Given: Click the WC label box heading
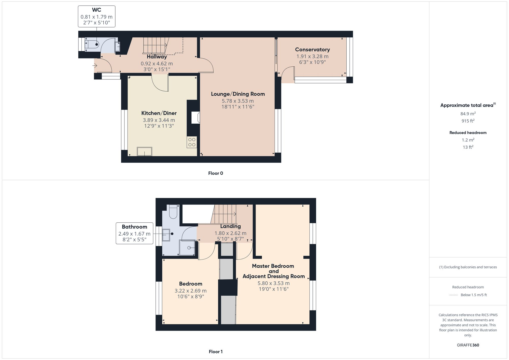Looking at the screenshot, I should click(x=96, y=10).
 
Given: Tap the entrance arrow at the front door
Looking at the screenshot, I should click(x=95, y=66).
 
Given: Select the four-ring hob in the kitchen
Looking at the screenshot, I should click(x=192, y=142).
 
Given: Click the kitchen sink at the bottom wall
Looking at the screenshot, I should click(x=145, y=151).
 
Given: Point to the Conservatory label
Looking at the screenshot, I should click(x=312, y=50).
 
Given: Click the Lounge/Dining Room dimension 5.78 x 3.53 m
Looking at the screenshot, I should click(x=237, y=101).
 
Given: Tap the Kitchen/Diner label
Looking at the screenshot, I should click(x=159, y=113).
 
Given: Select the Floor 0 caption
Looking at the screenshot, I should click(x=216, y=173).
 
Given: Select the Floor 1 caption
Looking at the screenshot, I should click(x=216, y=352).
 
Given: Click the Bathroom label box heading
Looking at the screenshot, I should click(x=134, y=227).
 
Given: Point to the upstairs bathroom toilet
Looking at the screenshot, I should click(x=173, y=212).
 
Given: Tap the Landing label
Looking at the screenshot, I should click(x=230, y=226).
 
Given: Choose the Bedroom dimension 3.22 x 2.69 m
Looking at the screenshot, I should click(x=190, y=291).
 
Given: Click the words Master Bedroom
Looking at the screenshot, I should click(x=273, y=266).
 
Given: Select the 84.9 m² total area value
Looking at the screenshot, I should click(x=468, y=114).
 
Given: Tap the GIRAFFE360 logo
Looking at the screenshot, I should click(x=468, y=345).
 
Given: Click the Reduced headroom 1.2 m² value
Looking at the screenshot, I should click(x=468, y=140).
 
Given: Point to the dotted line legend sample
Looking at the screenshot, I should click(x=454, y=295).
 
